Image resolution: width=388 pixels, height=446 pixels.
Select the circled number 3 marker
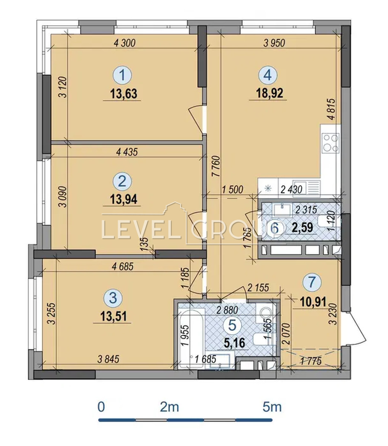pyautogui.click(x=113, y=298)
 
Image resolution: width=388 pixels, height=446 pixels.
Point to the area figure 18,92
pyautogui.click(x=270, y=93)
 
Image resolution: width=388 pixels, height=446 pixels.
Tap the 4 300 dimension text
pyautogui.click(x=125, y=43)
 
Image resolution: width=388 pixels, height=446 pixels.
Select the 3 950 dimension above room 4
pyautogui.click(x=274, y=43)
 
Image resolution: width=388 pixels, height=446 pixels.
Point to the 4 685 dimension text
pyautogui.click(x=122, y=266)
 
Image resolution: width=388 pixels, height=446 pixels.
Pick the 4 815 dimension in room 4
pyautogui.click(x=331, y=109)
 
